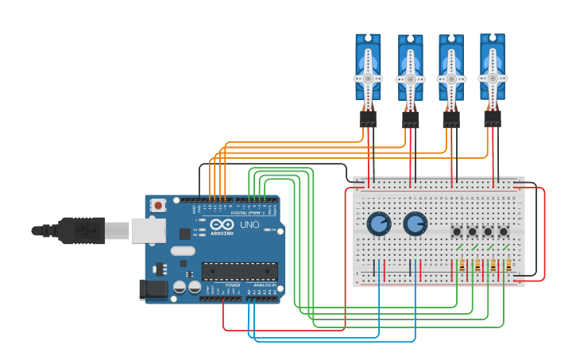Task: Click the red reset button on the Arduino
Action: (158, 205)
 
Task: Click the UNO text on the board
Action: (249, 225)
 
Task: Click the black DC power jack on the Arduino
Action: (153, 290)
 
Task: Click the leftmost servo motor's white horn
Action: (368, 78)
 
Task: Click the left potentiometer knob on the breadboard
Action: (379, 223)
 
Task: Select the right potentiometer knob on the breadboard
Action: (415, 223)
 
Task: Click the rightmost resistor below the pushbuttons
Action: (508, 265)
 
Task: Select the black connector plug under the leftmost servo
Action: (368, 118)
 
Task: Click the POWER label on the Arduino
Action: (233, 285)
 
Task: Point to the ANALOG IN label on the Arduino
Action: (265, 285)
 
